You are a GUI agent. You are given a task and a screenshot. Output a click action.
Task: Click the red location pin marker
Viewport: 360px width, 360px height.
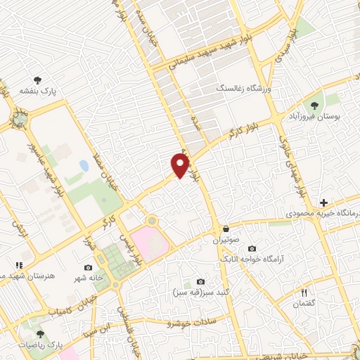(181, 165)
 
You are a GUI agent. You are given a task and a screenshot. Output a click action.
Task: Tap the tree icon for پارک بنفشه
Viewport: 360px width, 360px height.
(38, 81)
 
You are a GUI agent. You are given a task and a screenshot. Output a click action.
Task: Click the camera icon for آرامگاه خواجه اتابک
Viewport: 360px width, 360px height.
(252, 249)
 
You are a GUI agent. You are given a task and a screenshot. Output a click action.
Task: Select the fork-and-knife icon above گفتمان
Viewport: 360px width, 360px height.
(304, 292)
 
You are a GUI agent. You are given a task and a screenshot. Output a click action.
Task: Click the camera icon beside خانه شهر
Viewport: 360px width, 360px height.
(88, 268)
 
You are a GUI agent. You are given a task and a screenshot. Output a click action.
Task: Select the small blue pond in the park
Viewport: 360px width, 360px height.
(84, 167)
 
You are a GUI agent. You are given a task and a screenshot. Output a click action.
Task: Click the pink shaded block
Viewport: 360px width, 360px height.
(150, 241)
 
